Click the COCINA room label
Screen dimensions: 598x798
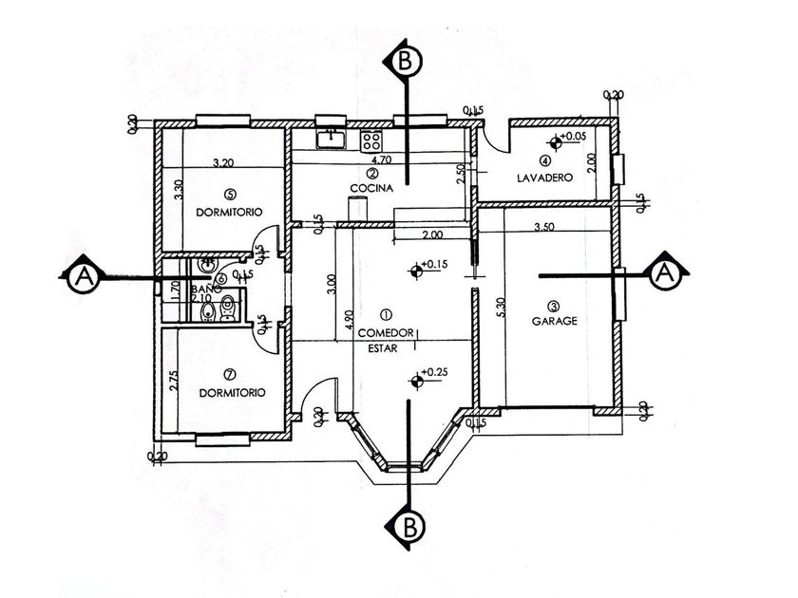pos(370,188)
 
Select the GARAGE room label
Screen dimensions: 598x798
pos(554,321)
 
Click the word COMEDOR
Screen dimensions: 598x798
pos(386,332)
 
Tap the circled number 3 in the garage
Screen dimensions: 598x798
pos(554,306)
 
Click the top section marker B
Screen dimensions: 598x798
pos(405,63)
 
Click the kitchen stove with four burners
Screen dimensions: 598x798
pos(370,142)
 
